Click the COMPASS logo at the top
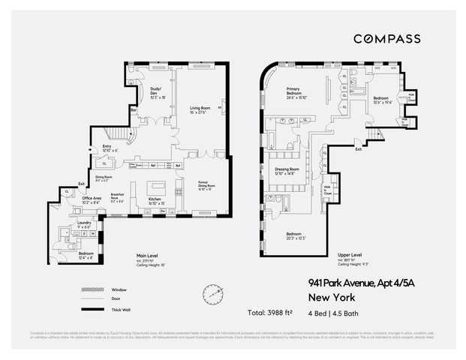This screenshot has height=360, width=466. point(386,38)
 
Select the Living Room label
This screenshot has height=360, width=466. point(200,109)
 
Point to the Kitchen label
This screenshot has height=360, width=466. point(156,200)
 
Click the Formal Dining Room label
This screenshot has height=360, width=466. point(206,186)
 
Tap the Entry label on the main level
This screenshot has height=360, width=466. point(107,148)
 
